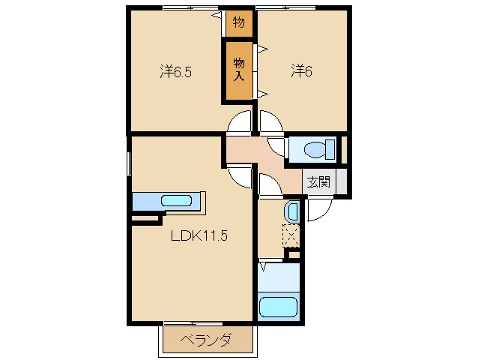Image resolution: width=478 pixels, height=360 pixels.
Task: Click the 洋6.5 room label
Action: [x=176, y=72]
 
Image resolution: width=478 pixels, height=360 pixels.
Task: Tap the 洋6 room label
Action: [x=301, y=71]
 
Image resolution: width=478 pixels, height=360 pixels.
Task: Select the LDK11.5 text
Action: [x=199, y=235]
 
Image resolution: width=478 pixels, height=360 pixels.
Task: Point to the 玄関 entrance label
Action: [x=318, y=181]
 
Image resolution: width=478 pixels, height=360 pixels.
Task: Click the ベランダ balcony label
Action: [x=205, y=340]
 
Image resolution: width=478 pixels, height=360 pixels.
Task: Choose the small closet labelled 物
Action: [x=239, y=22]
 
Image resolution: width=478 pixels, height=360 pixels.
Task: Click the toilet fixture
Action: [x=314, y=150]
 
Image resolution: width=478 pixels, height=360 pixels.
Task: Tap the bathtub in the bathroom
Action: [x=278, y=307]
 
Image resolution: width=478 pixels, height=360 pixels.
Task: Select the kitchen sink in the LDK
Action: [x=177, y=201]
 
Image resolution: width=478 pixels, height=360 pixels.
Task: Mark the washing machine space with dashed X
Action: [x=291, y=236]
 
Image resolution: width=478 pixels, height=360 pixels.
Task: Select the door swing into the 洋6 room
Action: [x=269, y=122]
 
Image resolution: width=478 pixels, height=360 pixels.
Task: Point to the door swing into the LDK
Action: [x=241, y=176]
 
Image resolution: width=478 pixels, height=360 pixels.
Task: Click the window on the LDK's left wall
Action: [x=129, y=163]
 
